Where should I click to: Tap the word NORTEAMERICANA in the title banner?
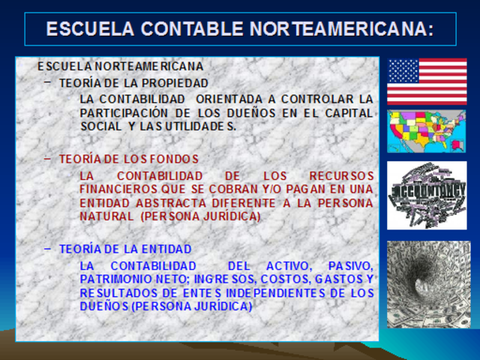tap(341, 29)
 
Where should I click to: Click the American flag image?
tap(427, 81)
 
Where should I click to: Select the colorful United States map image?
tap(427, 131)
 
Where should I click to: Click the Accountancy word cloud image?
tap(427, 195)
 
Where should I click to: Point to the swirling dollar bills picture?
tap(427, 283)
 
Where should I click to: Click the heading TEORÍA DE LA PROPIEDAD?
tap(133, 82)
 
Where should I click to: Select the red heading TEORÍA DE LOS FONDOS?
tap(129, 159)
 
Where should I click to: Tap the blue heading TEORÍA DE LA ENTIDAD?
tap(125, 249)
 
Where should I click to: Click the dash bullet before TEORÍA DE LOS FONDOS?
tap(48, 158)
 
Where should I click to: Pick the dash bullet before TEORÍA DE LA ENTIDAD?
tap(48, 248)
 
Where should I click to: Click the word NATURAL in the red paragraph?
tap(104, 216)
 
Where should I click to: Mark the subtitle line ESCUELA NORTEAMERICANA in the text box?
tap(120, 66)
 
